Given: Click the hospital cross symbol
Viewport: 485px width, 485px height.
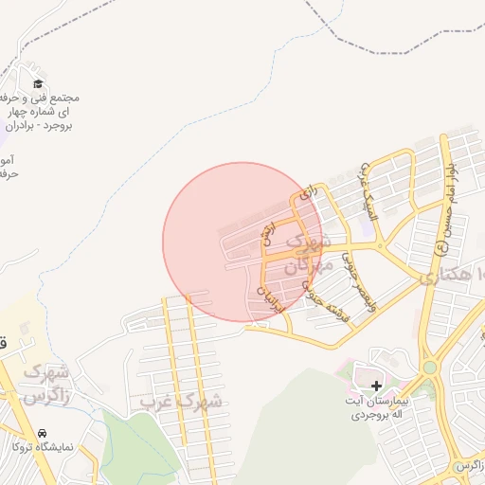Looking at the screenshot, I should tap(377, 386).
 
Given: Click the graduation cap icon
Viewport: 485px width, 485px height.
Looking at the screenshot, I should tap(38, 83).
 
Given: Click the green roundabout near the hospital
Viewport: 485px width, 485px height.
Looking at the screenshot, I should tap(429, 367).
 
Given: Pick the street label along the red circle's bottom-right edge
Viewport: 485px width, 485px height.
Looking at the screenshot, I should tap(271, 296).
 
